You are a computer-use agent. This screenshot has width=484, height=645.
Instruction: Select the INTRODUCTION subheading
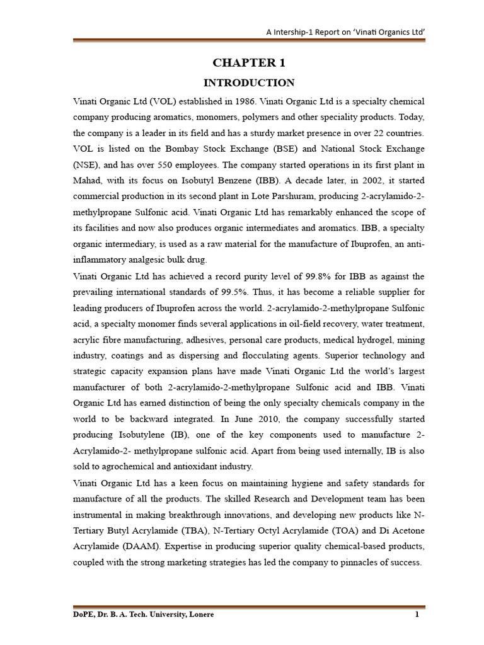click(x=248, y=83)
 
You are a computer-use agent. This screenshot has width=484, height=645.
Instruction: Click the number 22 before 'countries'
click(x=373, y=134)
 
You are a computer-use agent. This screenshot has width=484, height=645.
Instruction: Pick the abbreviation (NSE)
click(x=85, y=166)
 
